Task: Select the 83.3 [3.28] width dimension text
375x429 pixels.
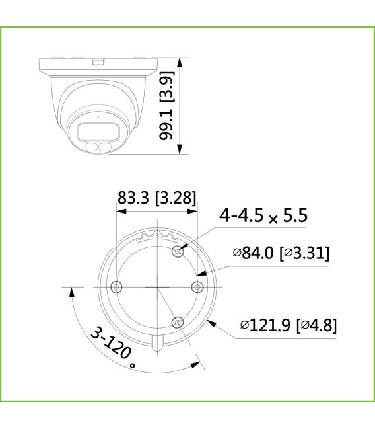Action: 156,197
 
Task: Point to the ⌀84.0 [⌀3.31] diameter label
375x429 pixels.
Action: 281,253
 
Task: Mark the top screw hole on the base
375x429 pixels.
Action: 176,251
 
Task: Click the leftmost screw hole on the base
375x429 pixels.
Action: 117,286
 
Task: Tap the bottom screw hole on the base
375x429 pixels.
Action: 176,321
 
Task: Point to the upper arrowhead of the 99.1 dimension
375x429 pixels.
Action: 180,62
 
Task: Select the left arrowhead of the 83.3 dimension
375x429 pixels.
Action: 119,213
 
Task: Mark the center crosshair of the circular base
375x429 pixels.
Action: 157,287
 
